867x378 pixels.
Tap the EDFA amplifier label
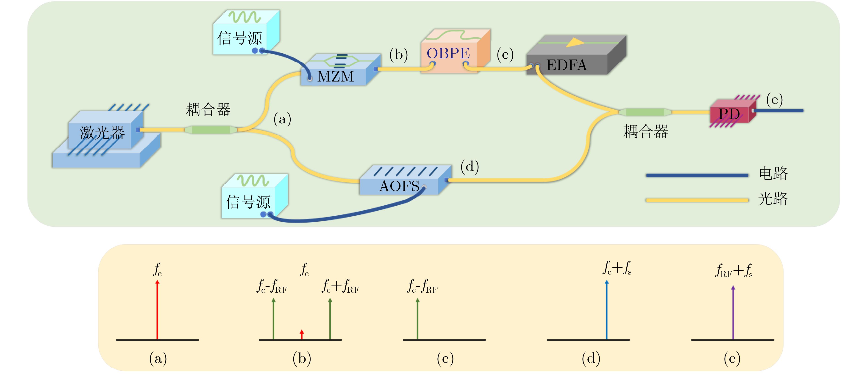tap(567, 65)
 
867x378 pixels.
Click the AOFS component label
tap(399, 186)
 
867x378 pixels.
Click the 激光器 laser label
tap(102, 132)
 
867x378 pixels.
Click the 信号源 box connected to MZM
tap(246, 32)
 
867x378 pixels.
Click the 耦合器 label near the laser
tap(208, 109)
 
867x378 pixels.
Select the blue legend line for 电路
tap(697, 175)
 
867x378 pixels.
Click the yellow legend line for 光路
tap(697, 200)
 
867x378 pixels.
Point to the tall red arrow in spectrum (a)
tap(157, 310)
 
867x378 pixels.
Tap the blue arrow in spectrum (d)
tap(606, 310)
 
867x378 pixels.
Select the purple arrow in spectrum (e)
tap(733, 313)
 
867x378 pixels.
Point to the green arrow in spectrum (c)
tap(417, 318)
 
